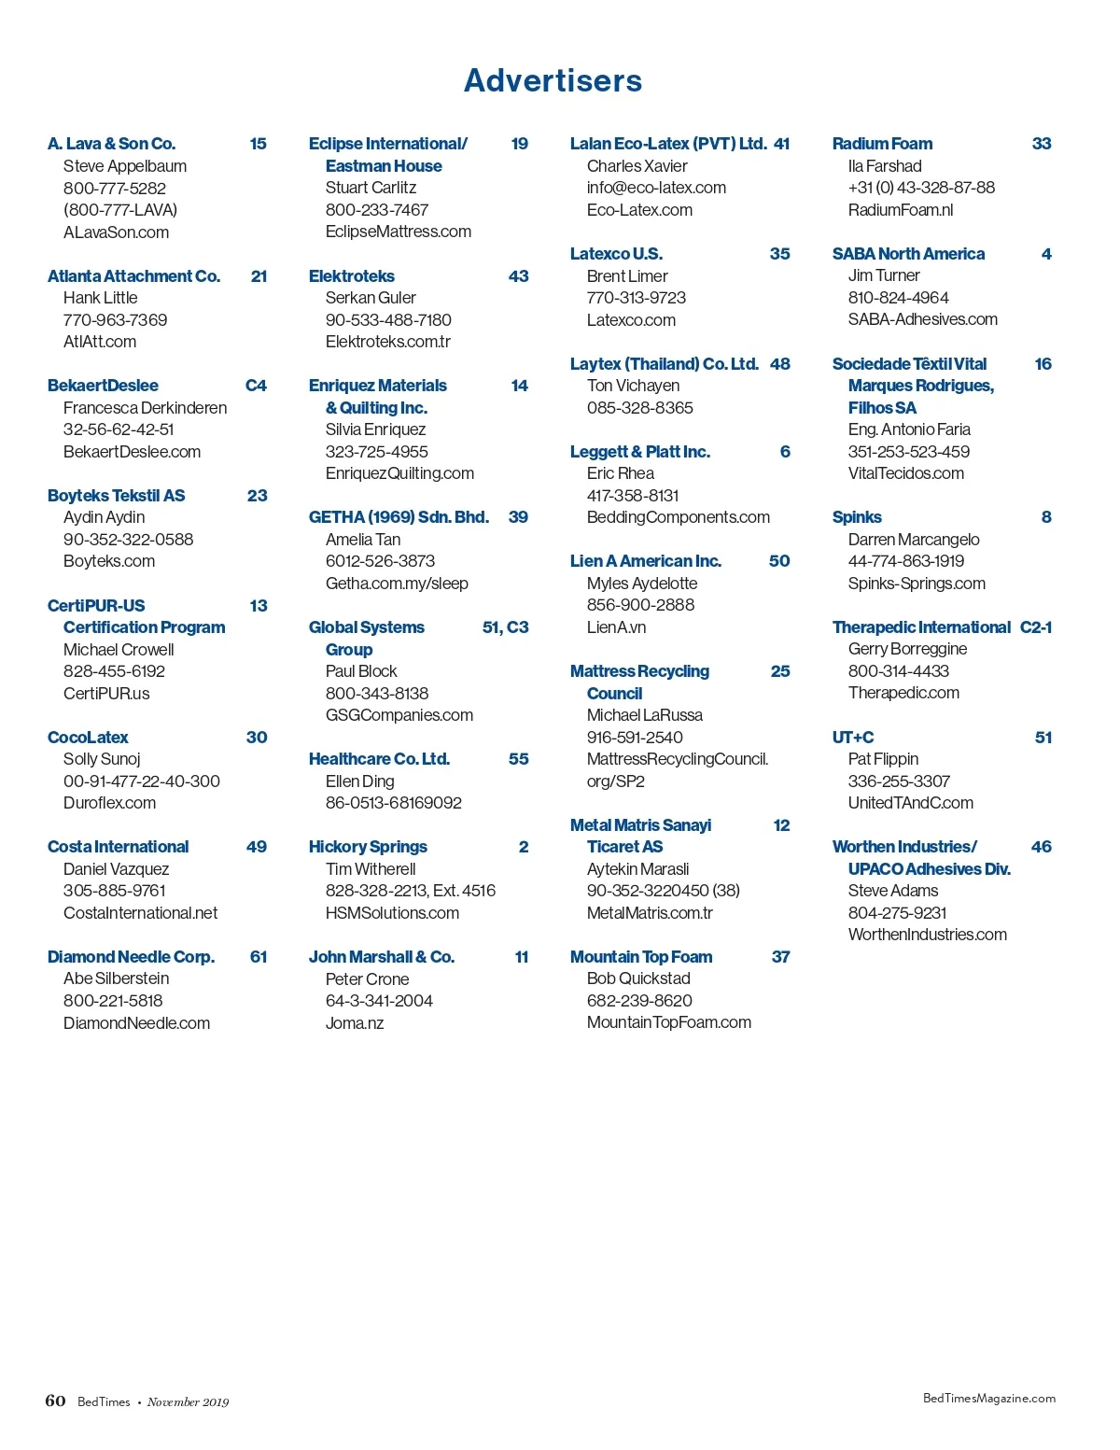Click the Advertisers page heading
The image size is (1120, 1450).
tap(553, 81)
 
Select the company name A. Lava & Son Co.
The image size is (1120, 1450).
tap(111, 144)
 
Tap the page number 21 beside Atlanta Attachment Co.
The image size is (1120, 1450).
tap(259, 276)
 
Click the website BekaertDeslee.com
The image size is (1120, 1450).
tap(132, 452)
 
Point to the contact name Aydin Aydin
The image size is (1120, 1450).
tap(104, 517)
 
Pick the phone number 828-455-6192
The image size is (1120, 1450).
tap(114, 671)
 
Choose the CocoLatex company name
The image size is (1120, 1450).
tap(88, 738)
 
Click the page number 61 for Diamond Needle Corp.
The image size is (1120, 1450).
tap(259, 957)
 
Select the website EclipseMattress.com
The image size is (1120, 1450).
tap(398, 232)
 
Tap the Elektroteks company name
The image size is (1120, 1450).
tap(352, 276)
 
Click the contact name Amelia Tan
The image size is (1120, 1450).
tap(362, 540)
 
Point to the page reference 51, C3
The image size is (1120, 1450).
tap(505, 627)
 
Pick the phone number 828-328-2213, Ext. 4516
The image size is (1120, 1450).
tap(410, 891)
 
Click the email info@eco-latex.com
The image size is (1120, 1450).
tap(656, 188)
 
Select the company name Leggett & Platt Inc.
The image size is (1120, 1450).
tap(640, 452)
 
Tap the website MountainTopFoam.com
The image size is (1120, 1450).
tap(668, 1022)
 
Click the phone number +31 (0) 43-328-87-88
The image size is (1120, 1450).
tap(921, 188)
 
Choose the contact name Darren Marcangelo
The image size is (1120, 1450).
tap(914, 540)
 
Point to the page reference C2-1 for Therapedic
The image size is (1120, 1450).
tap(1036, 627)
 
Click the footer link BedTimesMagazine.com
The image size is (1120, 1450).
tap(988, 1398)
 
